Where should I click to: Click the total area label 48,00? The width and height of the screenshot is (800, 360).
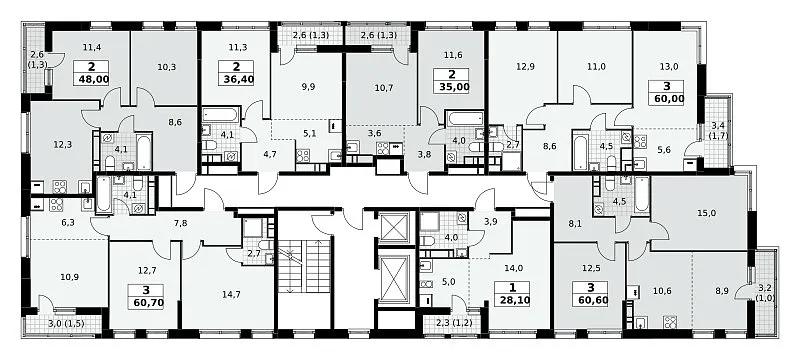click(x=91, y=80)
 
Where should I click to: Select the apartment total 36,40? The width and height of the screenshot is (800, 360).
click(x=238, y=80)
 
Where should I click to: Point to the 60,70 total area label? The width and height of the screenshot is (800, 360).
click(x=146, y=305)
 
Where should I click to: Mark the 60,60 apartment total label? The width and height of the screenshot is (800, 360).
click(x=589, y=301)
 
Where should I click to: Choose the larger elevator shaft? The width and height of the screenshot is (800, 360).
click(x=394, y=279)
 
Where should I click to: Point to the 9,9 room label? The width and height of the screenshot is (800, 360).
click(x=308, y=86)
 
